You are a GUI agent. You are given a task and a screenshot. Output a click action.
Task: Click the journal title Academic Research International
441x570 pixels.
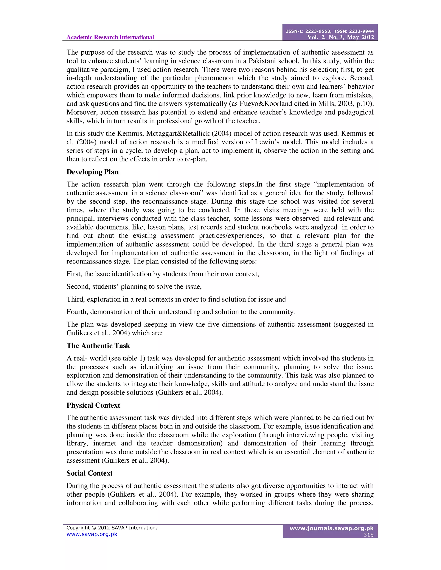pyautogui.click(x=110, y=37)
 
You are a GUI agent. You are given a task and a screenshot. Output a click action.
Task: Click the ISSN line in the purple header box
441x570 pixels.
pyautogui.click(x=330, y=31)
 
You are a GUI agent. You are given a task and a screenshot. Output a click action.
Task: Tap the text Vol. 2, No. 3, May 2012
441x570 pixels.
pyautogui.click(x=340, y=37)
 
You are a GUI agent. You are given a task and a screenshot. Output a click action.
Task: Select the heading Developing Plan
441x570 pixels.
pyautogui.click(x=92, y=172)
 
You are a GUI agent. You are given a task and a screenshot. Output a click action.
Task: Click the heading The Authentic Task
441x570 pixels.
pyautogui.click(x=98, y=346)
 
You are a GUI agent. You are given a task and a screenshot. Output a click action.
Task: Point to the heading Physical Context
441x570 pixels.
pyautogui.click(x=93, y=405)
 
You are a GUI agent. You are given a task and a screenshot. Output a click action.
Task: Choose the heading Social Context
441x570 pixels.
pyautogui.click(x=89, y=473)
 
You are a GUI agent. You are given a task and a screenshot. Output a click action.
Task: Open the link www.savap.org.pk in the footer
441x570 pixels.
pyautogui.click(x=92, y=534)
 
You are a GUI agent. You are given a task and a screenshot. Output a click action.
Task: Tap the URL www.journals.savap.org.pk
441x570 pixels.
pyautogui.click(x=332, y=528)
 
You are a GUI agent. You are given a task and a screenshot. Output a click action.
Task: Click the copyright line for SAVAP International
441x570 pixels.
pyautogui.click(x=113, y=528)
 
